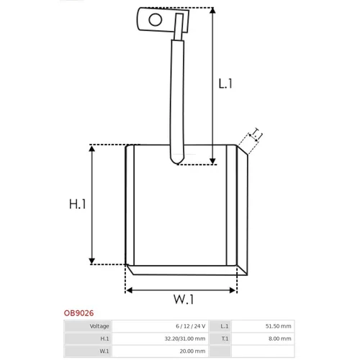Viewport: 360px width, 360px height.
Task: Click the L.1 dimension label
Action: click(225, 84)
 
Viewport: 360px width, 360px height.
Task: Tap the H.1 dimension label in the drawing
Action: click(77, 204)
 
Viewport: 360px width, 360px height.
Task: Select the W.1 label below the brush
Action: click(184, 300)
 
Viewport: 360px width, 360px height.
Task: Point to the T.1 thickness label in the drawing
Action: click(256, 135)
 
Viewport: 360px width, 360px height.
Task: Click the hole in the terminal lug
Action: click(156, 19)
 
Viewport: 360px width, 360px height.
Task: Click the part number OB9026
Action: click(78, 313)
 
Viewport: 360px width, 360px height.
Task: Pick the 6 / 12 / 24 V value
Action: click(191, 326)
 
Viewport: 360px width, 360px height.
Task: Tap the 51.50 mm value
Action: click(278, 326)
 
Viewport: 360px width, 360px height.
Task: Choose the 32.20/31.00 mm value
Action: click(185, 338)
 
